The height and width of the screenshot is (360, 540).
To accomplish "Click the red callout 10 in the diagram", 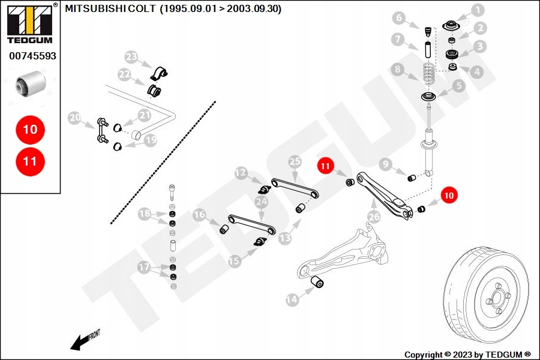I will click(x=449, y=194).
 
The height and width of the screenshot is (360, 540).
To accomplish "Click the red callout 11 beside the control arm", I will click(x=325, y=166).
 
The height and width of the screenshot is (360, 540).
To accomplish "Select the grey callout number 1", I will click(x=477, y=10).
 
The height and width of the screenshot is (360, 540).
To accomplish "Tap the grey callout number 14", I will click(x=292, y=299).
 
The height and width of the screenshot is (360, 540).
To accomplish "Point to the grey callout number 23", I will click(x=131, y=58).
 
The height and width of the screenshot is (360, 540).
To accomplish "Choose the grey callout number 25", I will click(x=294, y=161).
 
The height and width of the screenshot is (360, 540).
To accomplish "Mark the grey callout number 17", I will click(x=144, y=267).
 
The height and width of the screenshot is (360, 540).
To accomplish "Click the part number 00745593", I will click(x=32, y=56).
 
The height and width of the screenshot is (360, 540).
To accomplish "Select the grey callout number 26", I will click(x=374, y=217).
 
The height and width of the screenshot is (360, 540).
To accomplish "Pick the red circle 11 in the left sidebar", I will click(x=30, y=161).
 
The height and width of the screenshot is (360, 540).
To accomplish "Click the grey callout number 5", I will click(x=459, y=86).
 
